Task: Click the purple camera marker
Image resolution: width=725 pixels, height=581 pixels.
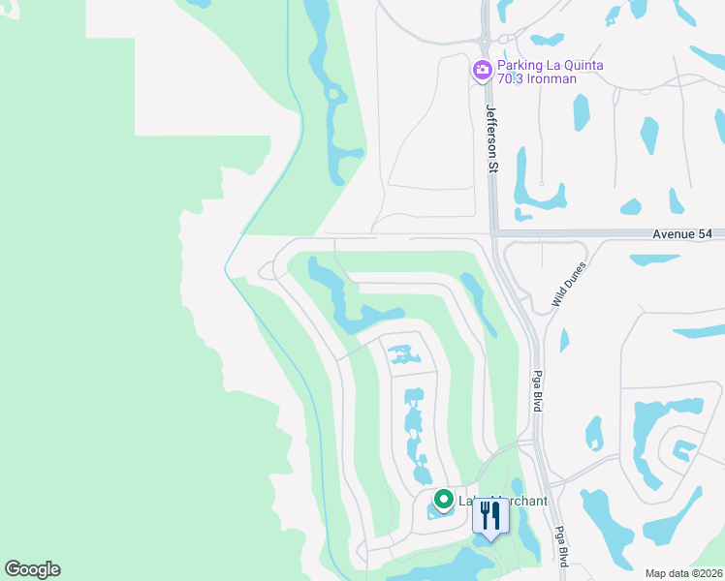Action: point(482,70)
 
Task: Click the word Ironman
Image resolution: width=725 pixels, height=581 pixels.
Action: point(553,79)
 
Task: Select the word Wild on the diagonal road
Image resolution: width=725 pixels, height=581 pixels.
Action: point(558,298)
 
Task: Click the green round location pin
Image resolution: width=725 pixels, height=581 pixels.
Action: point(444,500)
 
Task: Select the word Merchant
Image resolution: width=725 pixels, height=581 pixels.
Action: point(520,501)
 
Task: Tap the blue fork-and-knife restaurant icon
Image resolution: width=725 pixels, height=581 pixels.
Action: point(490,518)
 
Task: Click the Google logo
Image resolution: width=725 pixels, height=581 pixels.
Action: point(32,569)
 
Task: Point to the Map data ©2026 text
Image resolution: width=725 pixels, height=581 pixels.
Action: point(683,572)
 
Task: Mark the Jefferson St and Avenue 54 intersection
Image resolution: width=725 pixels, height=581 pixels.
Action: point(491,233)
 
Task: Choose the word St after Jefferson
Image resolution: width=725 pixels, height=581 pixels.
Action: point(491,168)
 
